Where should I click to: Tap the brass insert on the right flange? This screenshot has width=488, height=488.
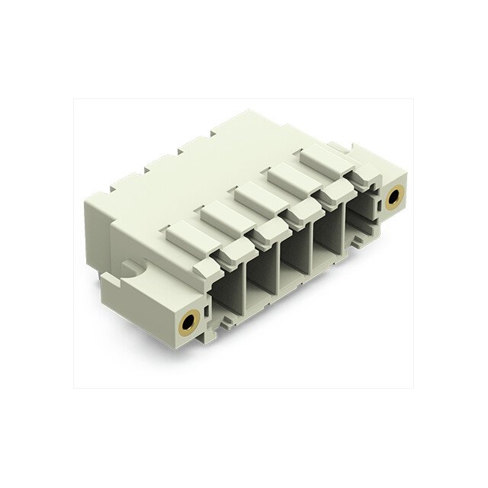pyautogui.click(x=393, y=197)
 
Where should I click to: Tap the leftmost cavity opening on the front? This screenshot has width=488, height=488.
pyautogui.click(x=230, y=291)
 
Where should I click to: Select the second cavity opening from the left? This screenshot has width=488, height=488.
pyautogui.click(x=265, y=273)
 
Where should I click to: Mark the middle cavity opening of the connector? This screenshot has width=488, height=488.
pyautogui.click(x=300, y=255)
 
